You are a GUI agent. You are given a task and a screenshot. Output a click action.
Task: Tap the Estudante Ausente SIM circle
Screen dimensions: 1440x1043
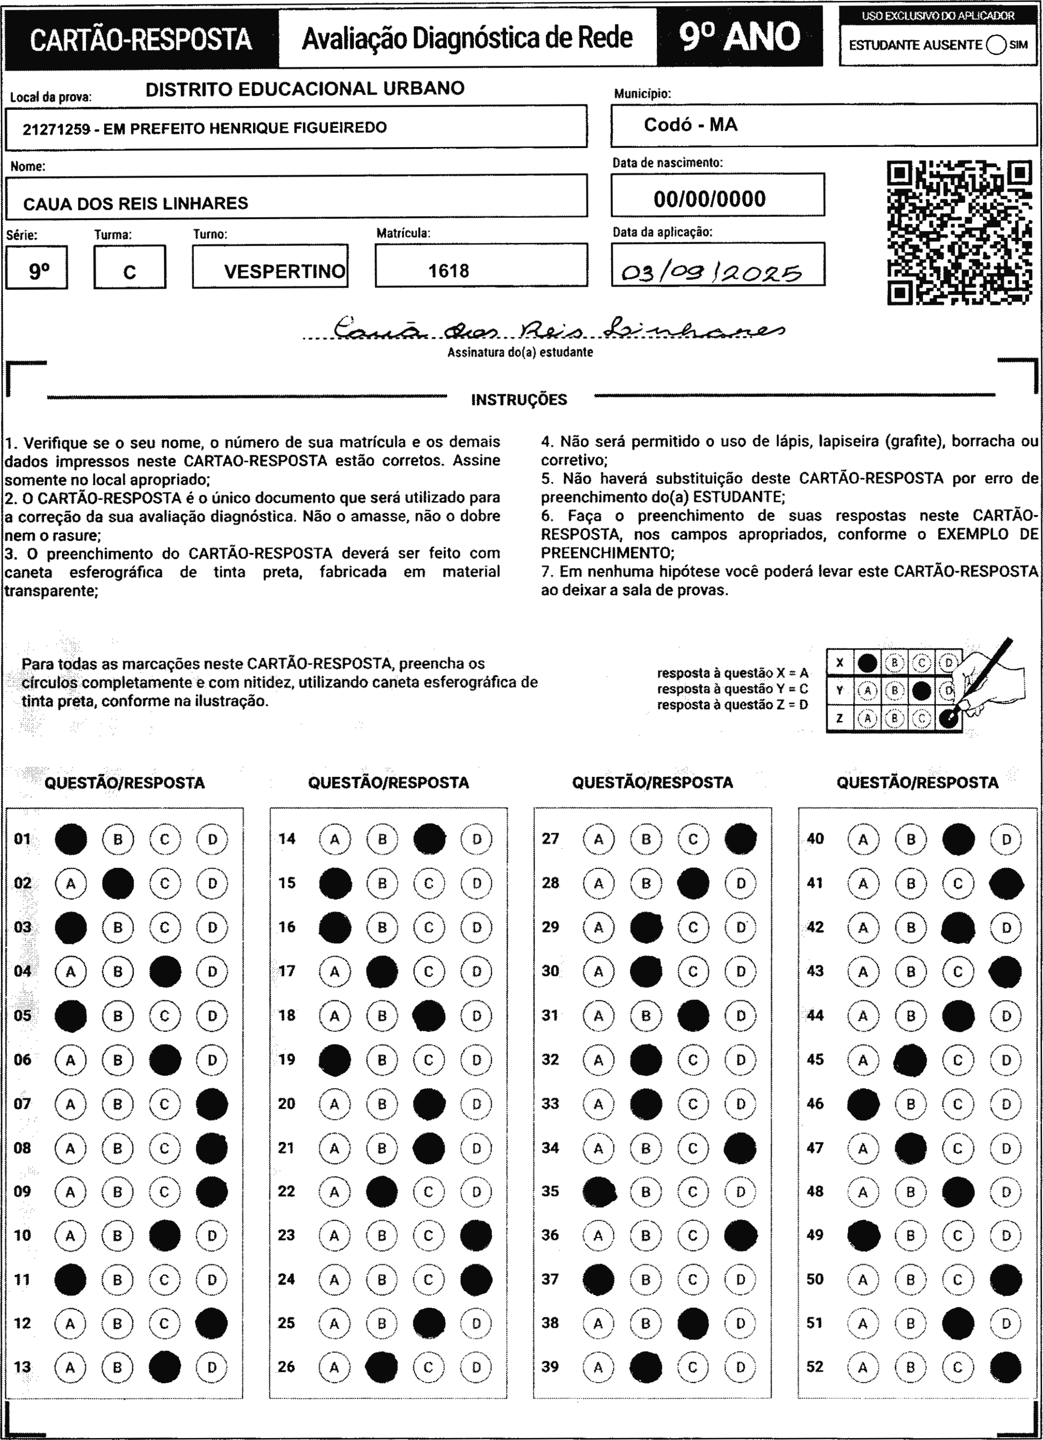pos(996,45)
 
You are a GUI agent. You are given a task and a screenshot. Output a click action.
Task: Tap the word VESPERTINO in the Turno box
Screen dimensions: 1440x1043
pos(284,272)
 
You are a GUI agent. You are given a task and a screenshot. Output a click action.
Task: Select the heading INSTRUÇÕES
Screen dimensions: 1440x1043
pos(519,399)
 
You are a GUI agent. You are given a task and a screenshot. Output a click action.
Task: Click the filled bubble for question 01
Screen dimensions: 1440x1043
pos(71,839)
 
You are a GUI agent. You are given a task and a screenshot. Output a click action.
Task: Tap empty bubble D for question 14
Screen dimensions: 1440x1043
pos(477,839)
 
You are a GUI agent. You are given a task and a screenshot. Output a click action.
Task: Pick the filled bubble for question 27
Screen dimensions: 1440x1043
pos(740,839)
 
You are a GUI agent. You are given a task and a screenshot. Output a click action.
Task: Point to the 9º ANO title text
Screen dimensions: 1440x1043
pos(740,37)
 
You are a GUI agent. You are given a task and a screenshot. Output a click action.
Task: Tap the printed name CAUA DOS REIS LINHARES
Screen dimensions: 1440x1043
pos(135,204)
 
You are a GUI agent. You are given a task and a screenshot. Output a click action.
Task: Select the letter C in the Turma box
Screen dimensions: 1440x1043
pos(129,272)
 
